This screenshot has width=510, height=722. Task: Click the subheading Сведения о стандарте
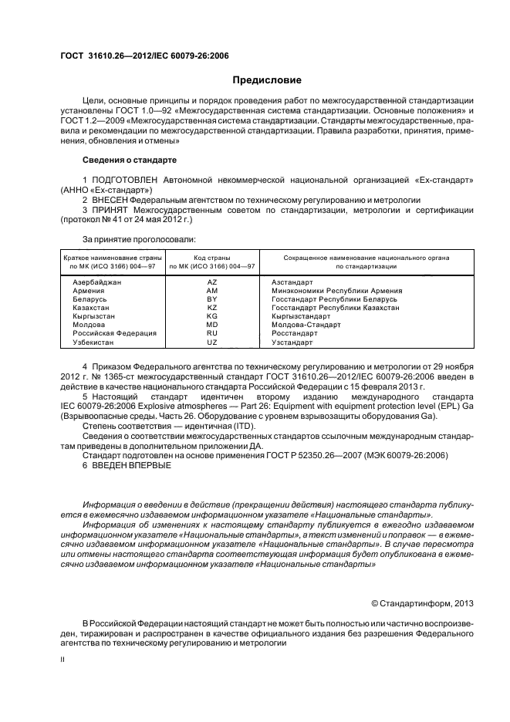click(x=129, y=160)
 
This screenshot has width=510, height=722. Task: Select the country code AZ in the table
click(x=212, y=282)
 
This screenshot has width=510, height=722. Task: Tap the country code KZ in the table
click(x=212, y=307)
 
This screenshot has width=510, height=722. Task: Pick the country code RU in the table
click(x=212, y=333)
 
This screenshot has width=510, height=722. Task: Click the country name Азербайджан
click(x=97, y=282)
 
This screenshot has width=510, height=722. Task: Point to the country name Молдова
click(x=89, y=325)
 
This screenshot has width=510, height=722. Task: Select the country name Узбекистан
click(x=93, y=342)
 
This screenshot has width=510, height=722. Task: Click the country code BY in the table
click(x=212, y=299)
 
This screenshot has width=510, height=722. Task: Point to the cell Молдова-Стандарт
click(x=306, y=325)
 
